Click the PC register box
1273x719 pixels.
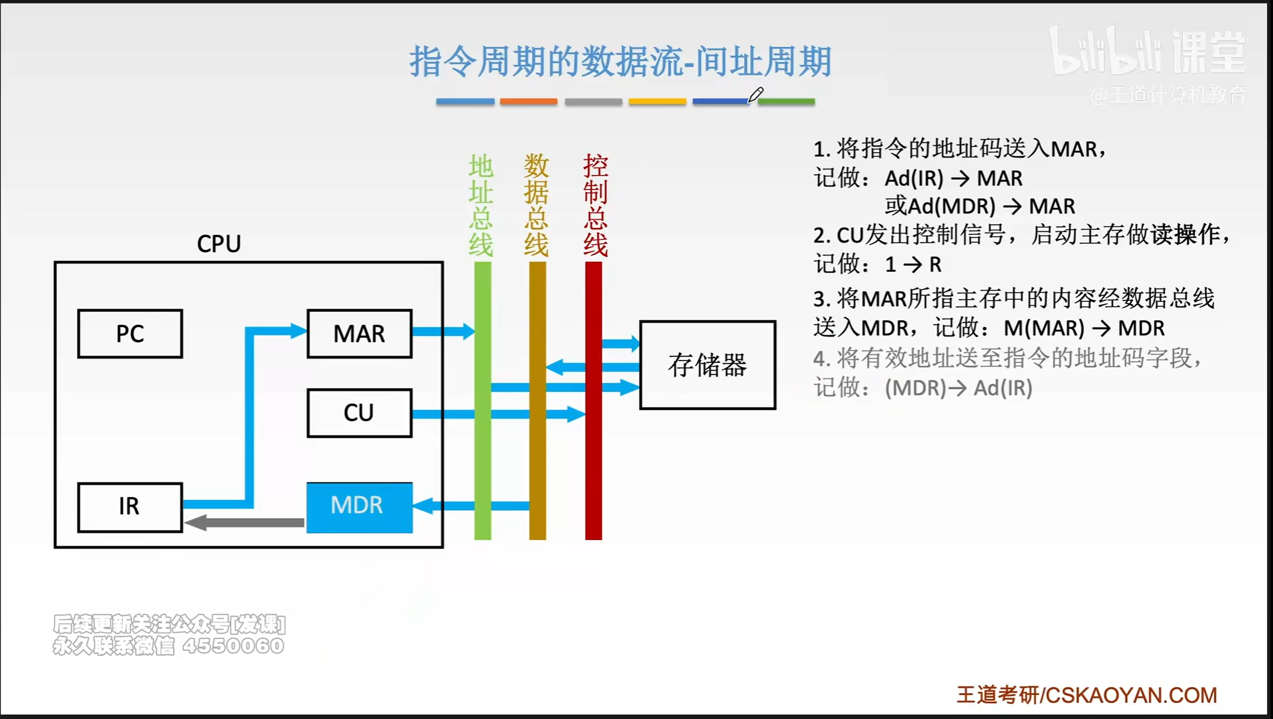point(130,334)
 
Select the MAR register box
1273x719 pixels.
point(359,334)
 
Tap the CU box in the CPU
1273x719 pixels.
point(359,413)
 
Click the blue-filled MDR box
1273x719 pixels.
point(359,506)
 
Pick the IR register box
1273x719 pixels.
point(130,507)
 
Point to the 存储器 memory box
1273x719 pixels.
point(707,365)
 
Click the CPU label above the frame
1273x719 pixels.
point(219,244)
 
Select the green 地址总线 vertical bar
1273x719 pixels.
point(482,449)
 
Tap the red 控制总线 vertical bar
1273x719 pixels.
point(593,474)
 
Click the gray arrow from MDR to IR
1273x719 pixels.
point(245,523)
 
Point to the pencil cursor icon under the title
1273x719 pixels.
point(755,94)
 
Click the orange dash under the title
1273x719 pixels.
point(528,101)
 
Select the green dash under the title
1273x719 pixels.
point(787,101)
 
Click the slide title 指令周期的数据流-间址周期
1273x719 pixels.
point(620,61)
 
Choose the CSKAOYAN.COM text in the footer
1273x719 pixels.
point(1131,695)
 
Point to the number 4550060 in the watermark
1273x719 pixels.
point(233,646)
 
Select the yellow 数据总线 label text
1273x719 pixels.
point(536,205)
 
